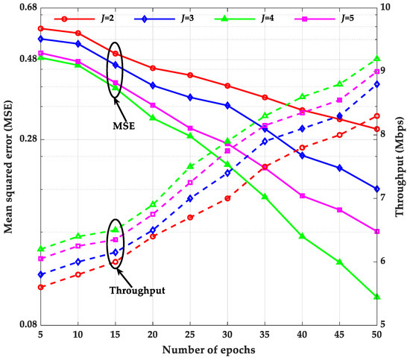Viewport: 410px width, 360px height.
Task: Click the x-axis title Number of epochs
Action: [x=209, y=349]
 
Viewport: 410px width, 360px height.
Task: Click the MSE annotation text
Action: [x=121, y=125]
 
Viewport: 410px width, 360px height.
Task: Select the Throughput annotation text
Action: [x=137, y=290]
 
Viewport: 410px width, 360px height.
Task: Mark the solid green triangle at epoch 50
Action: [x=377, y=297]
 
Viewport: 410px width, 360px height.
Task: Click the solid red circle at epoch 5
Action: [x=41, y=28]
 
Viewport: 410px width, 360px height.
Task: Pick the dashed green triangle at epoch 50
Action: [x=377, y=58]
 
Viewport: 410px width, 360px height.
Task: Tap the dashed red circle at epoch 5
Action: [x=41, y=287]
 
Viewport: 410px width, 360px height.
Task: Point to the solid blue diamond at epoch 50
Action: [x=377, y=189]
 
